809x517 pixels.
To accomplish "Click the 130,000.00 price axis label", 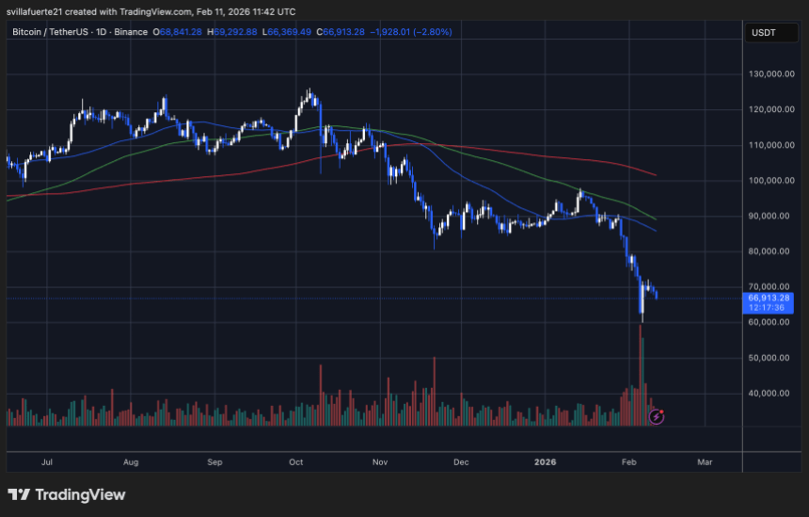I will point(768,74).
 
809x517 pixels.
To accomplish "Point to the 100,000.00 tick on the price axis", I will point(768,181).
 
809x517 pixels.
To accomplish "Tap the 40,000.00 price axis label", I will point(768,393).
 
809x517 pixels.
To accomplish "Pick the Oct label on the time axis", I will point(296,462).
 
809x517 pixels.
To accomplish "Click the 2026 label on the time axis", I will point(546,462).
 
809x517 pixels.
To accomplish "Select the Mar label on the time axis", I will point(705,462).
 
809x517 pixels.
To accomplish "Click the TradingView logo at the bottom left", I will point(66,494).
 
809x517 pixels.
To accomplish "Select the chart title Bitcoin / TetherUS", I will point(52,32).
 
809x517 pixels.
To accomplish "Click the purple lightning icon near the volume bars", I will point(657,415).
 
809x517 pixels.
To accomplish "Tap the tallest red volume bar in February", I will point(642,377).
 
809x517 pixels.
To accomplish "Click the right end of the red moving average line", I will point(656,175).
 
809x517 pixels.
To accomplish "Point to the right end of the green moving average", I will point(656,218).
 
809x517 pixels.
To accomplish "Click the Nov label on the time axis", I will point(380,462).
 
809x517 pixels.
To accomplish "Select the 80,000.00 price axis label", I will point(768,251).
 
